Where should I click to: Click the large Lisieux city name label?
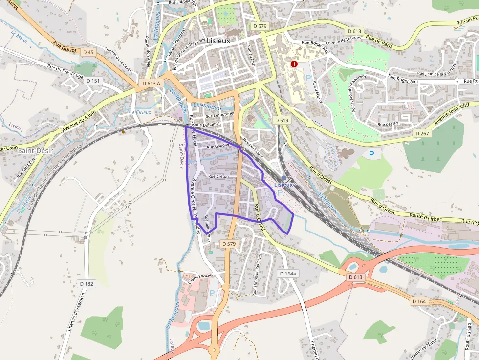coord(218,41)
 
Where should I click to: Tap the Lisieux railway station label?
coord(283,185)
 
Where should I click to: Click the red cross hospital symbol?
coord(294,64)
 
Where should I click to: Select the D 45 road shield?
coord(88,52)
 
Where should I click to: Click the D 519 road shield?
coord(282,120)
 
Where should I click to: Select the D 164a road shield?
coord(287,274)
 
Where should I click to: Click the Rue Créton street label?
coord(218,176)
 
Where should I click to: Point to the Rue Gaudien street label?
coord(218,146)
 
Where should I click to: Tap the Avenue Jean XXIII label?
coord(452,113)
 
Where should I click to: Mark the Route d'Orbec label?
coord(416,215)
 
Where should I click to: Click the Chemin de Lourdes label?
coord(342,42)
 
